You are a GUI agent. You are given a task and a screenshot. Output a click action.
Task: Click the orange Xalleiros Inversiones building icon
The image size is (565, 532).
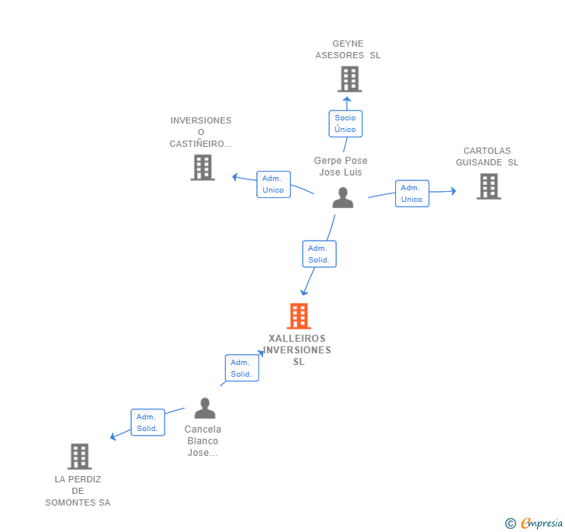tap(299, 316)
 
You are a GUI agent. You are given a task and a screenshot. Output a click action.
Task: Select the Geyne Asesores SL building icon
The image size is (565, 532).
tap(349, 79)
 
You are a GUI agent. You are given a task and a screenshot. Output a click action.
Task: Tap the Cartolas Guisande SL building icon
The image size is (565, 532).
tap(489, 186)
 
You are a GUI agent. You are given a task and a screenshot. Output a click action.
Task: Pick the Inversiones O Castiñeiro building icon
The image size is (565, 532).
tap(203, 167)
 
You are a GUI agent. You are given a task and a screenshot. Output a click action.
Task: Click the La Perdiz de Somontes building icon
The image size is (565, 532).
tap(79, 456)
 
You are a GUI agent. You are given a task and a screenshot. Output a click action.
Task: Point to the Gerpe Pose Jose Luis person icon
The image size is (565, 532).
tap(343, 197)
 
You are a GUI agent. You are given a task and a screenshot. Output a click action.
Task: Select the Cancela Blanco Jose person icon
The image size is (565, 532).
tap(205, 408)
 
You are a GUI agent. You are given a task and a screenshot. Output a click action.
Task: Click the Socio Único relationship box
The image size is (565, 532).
tap(345, 123)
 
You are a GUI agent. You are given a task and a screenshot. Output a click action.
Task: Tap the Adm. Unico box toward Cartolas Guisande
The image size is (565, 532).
tap(412, 193)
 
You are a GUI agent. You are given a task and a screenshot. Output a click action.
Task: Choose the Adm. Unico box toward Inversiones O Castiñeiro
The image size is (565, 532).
tap(273, 184)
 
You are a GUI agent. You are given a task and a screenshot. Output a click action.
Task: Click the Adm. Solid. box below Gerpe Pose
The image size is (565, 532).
tap(319, 254)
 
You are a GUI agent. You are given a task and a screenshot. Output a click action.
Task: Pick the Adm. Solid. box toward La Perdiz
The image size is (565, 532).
tap(147, 422)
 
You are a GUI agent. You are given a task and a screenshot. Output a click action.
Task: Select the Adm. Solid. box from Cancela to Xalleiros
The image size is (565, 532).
tap(242, 368)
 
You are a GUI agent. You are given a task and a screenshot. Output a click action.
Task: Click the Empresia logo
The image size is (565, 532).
tap(534, 523)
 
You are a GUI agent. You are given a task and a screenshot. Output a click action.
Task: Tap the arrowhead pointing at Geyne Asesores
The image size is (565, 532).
tap(347, 99)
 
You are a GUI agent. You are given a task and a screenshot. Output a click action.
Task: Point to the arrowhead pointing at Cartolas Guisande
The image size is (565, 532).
tap(454, 191)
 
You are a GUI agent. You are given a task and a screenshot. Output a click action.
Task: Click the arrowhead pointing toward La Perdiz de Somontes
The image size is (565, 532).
tap(113, 436)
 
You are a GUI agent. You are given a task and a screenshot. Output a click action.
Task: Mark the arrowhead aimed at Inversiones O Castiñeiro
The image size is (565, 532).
tap(235, 177)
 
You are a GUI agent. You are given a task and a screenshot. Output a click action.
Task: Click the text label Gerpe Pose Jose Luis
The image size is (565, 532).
tap(341, 166)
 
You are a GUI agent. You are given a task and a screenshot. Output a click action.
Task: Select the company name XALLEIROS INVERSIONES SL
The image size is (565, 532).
tap(297, 349)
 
